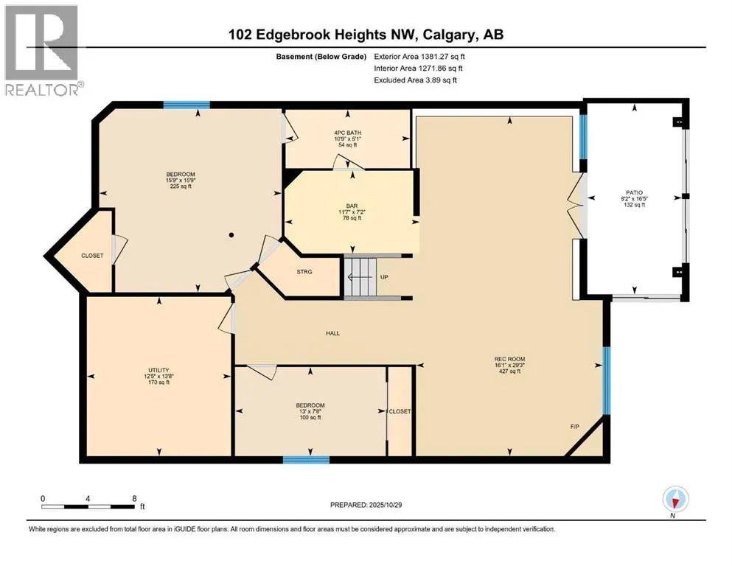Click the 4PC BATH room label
click(346, 133)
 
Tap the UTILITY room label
click(158, 370)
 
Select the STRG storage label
click(304, 272)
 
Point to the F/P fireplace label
click(574, 427)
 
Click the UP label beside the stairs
click(383, 278)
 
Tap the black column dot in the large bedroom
click(231, 235)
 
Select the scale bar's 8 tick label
click(133, 499)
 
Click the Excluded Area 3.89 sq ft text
click(415, 80)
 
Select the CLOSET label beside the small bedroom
click(400, 411)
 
